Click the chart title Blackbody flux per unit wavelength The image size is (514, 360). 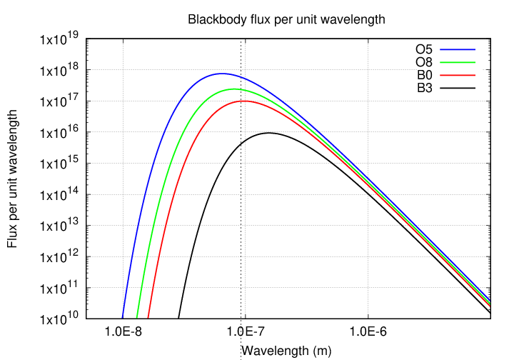coord(286,20)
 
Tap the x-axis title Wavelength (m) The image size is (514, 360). coord(287,351)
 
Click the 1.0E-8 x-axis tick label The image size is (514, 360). coord(123,332)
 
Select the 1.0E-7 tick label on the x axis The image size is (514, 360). coord(245,332)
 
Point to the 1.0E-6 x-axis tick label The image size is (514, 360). coord(368,332)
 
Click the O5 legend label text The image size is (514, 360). coord(424,50)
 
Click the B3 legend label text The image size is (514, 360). coord(424,89)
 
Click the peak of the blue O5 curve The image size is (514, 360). coord(222,74)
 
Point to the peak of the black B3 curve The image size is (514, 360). coord(269,133)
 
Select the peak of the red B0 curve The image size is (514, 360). coord(245,101)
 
